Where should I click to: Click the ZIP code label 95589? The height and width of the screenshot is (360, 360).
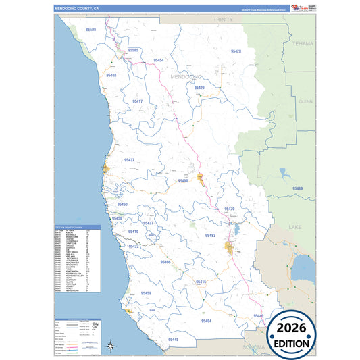pos(91,30)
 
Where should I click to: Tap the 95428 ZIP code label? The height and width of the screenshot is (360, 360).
pos(236,51)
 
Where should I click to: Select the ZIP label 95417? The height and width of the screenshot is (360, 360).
pos(138,101)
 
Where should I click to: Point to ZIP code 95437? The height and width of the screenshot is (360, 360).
pos(130,160)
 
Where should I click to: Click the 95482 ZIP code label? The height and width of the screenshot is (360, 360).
pos(210,236)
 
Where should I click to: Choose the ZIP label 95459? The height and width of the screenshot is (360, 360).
pos(147,293)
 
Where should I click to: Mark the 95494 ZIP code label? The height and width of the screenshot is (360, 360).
pos(207,321)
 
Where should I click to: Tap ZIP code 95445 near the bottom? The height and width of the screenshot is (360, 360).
pos(173,339)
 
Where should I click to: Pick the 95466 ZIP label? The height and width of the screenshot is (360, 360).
pos(166,261)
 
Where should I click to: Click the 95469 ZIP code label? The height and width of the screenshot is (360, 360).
pos(298,188)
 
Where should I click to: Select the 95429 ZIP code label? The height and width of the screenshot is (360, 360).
pos(199,88)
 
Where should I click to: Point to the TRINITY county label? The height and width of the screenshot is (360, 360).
pos(223,20)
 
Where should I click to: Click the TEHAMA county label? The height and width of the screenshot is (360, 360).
pos(303,43)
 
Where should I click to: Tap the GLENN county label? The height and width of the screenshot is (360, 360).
pos(306,101)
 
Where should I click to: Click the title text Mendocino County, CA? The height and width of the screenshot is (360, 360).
pos(77,9)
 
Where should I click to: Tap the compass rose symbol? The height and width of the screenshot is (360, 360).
pos(111,346)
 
